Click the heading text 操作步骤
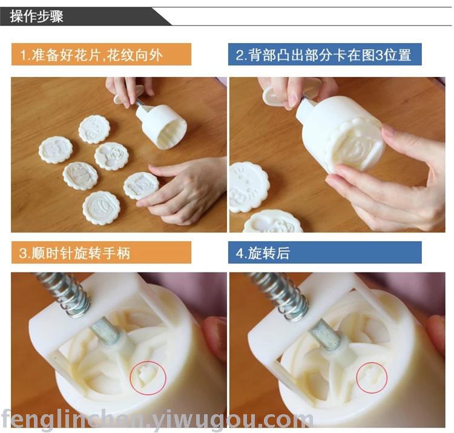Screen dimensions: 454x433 pos(36,16)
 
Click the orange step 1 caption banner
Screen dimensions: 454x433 pos(101,54)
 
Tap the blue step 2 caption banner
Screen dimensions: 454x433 pos(324,54)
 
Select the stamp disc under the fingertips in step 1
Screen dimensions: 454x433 pos(141,186)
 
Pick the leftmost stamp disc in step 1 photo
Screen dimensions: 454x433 pos(56,150)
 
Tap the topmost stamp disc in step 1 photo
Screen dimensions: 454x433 pos(93,129)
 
